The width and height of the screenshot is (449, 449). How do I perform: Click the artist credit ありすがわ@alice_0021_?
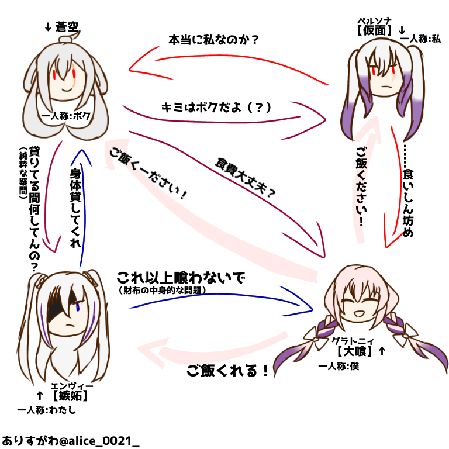(70, 438)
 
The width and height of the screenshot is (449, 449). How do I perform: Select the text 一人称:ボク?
(67, 116)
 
